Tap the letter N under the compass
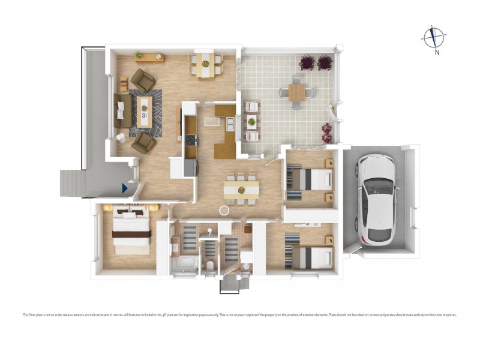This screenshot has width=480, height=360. (437, 52)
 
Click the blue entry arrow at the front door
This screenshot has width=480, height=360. (125, 188)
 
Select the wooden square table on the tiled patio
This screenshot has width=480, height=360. (296, 92)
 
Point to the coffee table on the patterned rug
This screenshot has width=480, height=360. (143, 112)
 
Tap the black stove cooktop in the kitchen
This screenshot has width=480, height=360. (191, 140)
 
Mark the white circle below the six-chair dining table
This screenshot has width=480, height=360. (224, 211)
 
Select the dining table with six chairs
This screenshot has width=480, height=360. (241, 190)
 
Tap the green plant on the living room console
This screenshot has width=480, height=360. (139, 55)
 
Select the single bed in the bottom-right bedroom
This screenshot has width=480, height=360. (312, 257)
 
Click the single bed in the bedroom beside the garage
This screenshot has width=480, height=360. (311, 179)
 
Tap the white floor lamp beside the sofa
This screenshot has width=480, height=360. (120, 137)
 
